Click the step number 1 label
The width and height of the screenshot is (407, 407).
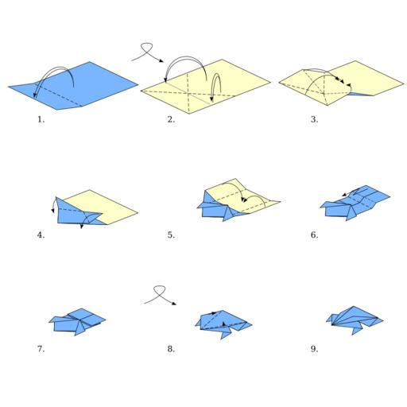[x=41, y=119]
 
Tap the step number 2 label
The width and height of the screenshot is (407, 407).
[x=171, y=119]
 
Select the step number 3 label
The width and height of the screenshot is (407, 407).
[x=314, y=119]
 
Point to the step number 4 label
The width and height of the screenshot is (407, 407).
[x=41, y=235]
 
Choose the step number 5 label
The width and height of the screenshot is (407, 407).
[x=171, y=235]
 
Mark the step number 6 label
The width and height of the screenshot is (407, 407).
[x=314, y=235]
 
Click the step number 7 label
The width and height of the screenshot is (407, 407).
[x=41, y=349]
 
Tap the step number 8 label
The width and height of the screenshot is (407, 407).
[x=171, y=349]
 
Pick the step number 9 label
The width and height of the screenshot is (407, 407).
[x=314, y=349]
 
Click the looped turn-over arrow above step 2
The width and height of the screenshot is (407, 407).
[x=146, y=51]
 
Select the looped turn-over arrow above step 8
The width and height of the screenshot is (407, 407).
[x=160, y=294]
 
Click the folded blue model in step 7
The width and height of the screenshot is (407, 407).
[x=78, y=321]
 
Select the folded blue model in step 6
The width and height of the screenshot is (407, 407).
[x=355, y=203]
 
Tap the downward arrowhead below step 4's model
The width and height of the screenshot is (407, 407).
[x=82, y=227]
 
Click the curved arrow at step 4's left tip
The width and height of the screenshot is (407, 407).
[x=53, y=204]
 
